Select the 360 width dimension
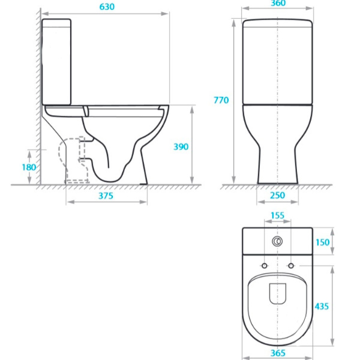tap(278, 3)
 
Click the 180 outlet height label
tap(29, 167)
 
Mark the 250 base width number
tap(277, 196)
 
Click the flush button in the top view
tap(277, 242)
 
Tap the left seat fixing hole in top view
tap(264, 265)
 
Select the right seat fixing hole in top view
tap(291, 265)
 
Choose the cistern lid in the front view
tap(278, 23)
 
